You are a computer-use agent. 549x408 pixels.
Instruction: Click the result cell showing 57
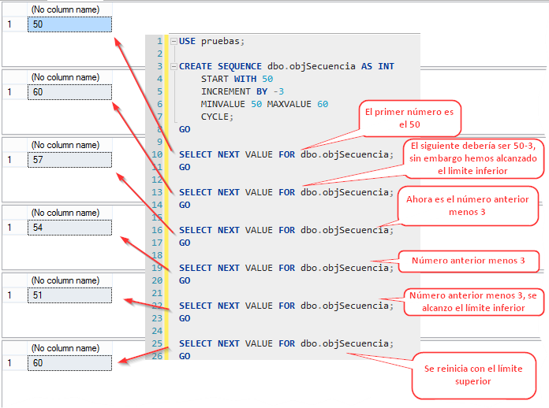pyautogui.click(x=69, y=160)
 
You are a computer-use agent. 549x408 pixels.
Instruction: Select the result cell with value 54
pyautogui.click(x=69, y=228)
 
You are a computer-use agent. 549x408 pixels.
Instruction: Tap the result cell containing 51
pyautogui.click(x=69, y=295)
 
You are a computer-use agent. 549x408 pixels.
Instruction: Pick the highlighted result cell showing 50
pyautogui.click(x=69, y=24)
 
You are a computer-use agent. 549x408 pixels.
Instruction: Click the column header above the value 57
pyautogui.click(x=69, y=145)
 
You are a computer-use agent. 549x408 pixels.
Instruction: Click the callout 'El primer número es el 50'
pyautogui.click(x=409, y=118)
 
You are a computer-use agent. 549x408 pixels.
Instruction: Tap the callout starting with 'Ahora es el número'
pyautogui.click(x=468, y=206)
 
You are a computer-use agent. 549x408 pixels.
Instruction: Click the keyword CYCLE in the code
pyautogui.click(x=216, y=117)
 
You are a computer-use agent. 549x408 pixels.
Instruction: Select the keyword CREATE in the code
pyautogui.click(x=195, y=66)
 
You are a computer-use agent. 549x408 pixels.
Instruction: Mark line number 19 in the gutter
pyautogui.click(x=157, y=268)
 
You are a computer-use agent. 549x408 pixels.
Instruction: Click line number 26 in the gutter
pyautogui.click(x=157, y=356)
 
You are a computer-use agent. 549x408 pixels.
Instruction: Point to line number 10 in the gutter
pyautogui.click(x=157, y=154)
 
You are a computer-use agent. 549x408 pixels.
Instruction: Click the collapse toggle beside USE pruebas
pyautogui.click(x=174, y=41)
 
